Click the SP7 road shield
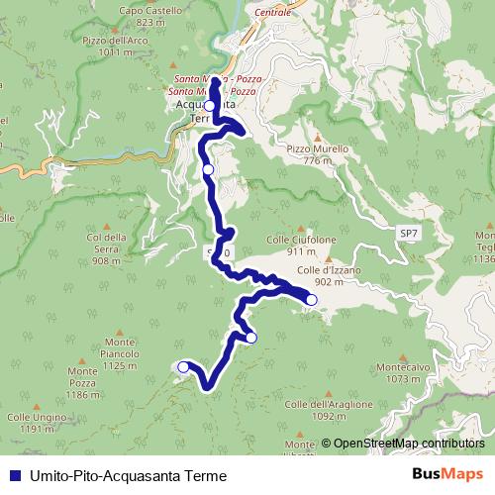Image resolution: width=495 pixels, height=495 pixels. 409,232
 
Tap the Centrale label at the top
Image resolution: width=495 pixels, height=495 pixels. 273,12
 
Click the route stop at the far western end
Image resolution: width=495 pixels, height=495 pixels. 183,366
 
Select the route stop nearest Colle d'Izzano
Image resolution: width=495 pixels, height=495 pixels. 311,299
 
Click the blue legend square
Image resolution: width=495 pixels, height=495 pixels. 10,475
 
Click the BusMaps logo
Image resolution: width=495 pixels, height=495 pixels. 446,474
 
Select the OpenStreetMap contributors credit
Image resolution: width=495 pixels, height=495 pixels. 408,443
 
